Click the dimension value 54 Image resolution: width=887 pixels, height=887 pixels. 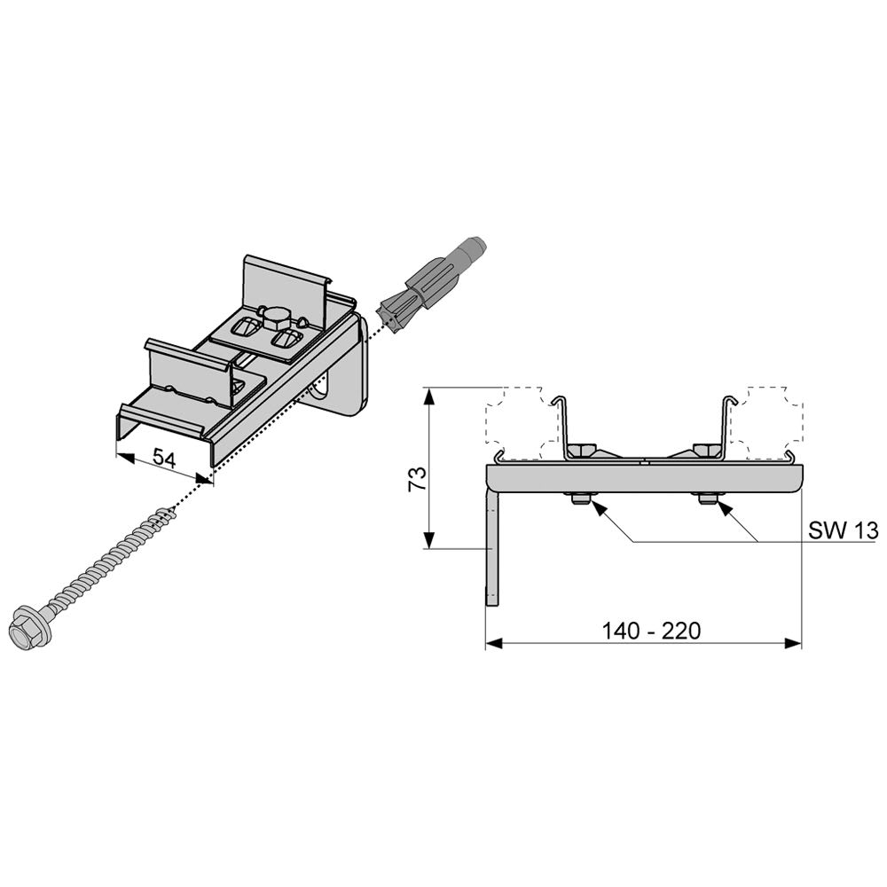[x=164, y=457]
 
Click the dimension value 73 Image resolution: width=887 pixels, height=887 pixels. [x=418, y=479]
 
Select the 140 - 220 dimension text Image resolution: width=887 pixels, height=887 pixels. [x=650, y=630]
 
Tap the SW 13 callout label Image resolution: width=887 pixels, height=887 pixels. [x=843, y=530]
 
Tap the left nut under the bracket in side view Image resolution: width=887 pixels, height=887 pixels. [x=580, y=499]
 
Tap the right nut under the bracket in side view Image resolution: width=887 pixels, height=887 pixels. [x=708, y=499]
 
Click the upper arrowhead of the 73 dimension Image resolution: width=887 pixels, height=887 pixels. [x=429, y=395]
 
